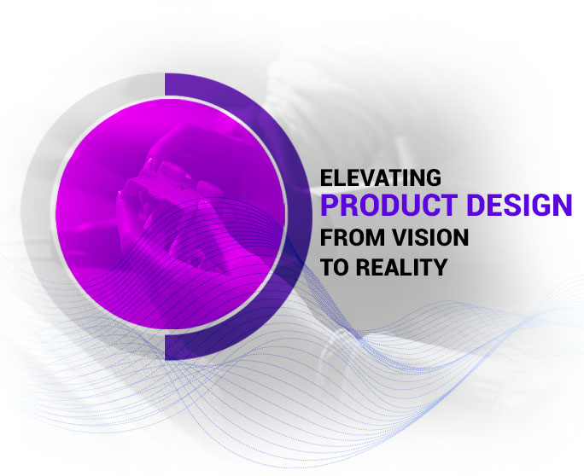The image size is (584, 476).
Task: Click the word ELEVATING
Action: click(x=380, y=178)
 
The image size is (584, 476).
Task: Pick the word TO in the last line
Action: click(x=333, y=266)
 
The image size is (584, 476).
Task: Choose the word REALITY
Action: click(x=400, y=266)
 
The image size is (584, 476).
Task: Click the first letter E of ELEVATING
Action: click(x=325, y=178)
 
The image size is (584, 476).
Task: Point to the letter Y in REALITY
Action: click(x=439, y=266)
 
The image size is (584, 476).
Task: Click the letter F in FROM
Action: click(x=325, y=236)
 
